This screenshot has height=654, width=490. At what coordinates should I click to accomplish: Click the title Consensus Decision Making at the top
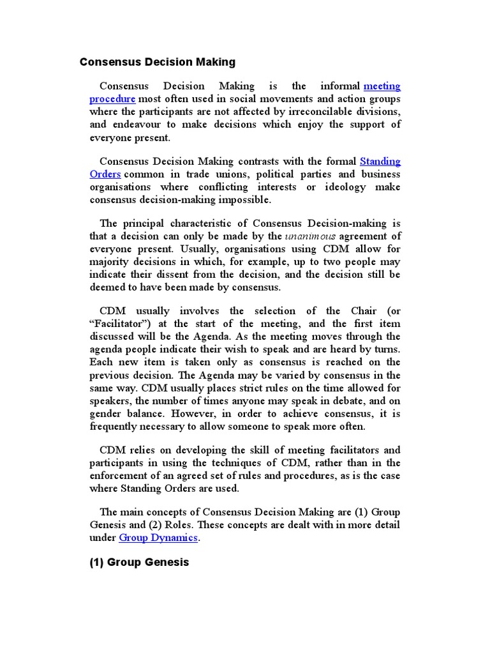[157, 62]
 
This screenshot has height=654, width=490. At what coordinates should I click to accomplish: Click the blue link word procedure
[112, 99]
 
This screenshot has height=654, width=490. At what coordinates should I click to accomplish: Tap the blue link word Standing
[380, 162]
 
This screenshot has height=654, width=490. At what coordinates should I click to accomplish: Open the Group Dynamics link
[159, 538]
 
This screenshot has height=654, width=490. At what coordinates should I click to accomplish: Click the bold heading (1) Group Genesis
[139, 563]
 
